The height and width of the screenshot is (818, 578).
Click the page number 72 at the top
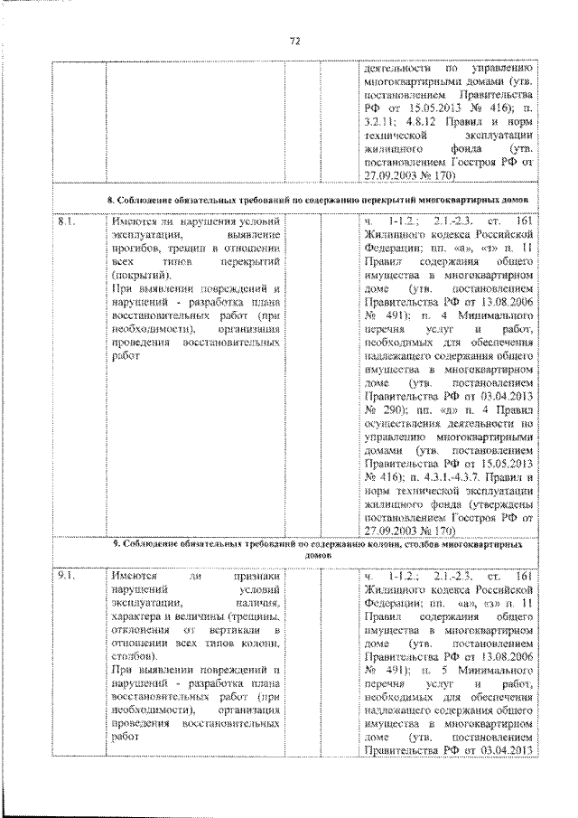(x=294, y=41)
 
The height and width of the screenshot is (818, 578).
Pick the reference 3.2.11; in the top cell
(x=380, y=118)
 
